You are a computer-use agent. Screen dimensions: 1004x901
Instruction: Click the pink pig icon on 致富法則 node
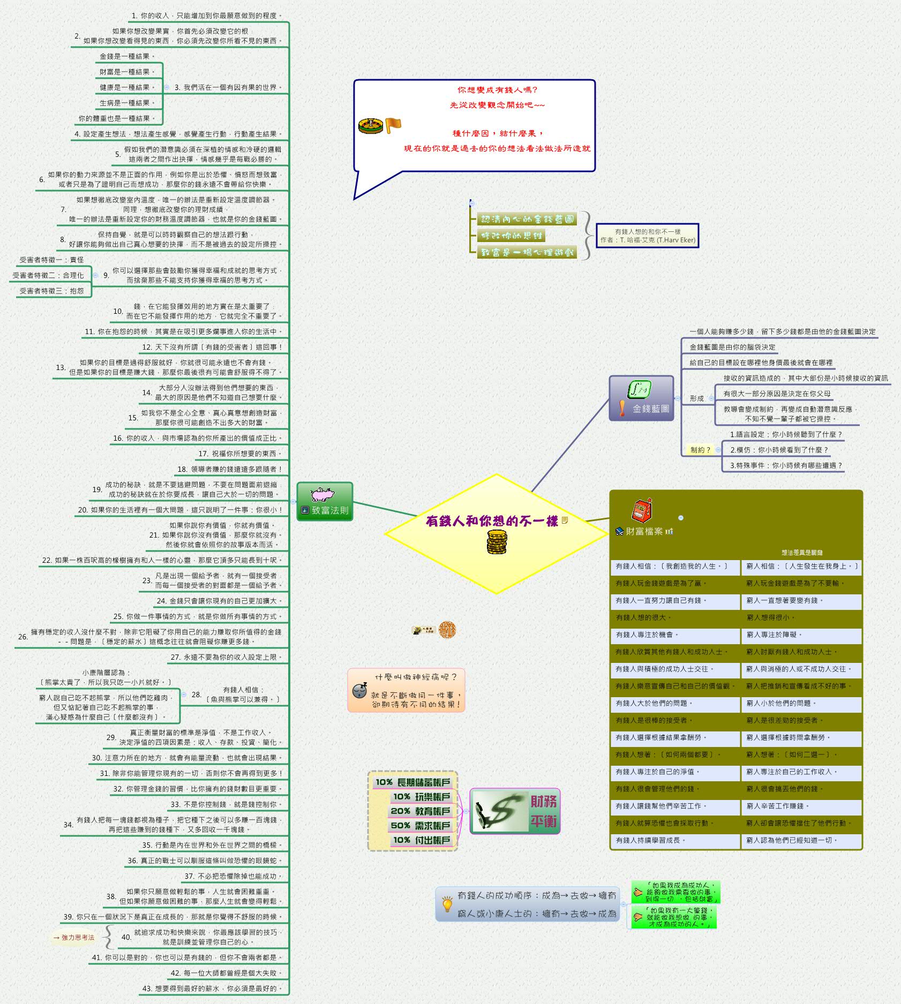pyautogui.click(x=323, y=493)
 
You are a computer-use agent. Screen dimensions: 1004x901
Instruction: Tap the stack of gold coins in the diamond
pyautogui.click(x=497, y=542)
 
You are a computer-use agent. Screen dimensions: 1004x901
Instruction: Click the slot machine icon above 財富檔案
pyautogui.click(x=642, y=510)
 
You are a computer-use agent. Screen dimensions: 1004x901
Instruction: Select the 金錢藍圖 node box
pyautogui.click(x=641, y=398)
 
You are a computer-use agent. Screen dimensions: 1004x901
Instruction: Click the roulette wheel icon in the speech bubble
pyautogui.click(x=370, y=126)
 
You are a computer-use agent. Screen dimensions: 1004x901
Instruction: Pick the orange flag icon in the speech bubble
pyautogui.click(x=393, y=125)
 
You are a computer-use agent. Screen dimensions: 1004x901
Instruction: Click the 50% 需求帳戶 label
pyautogui.click(x=420, y=826)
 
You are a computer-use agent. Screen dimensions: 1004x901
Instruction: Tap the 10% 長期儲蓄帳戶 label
pyautogui.click(x=412, y=782)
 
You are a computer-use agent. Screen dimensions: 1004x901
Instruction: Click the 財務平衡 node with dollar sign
pyautogui.click(x=515, y=811)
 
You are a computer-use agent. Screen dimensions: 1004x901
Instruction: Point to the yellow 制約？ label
pyautogui.click(x=700, y=450)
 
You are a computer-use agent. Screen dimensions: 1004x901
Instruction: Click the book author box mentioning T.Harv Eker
pyautogui.click(x=647, y=236)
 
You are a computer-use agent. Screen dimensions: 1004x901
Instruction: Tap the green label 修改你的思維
pyautogui.click(x=511, y=236)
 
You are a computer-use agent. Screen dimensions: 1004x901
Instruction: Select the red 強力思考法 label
pyautogui.click(x=74, y=937)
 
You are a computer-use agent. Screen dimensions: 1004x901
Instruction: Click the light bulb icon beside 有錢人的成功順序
pyautogui.click(x=447, y=904)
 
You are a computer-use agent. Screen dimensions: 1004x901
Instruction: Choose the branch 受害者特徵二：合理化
pyautogui.click(x=48, y=275)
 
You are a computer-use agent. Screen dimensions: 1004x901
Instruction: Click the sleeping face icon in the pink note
pyautogui.click(x=359, y=690)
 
